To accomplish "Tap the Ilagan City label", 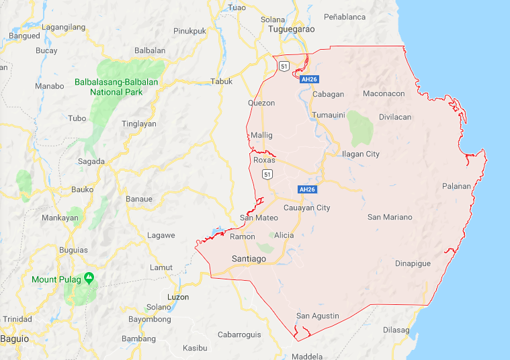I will [361, 154].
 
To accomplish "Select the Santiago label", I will [249, 259].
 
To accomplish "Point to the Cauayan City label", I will [307, 208].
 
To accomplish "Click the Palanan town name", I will [456, 186].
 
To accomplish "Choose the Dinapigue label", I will [413, 263].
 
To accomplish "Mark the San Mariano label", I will [390, 217].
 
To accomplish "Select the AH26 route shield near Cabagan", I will [309, 79].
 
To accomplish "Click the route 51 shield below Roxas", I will [267, 175].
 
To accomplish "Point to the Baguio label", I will [15, 339].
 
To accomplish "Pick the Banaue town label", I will [139, 199].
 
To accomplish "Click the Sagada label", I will [91, 161].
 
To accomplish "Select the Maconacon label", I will [384, 93].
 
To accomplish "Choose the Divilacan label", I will [394, 117].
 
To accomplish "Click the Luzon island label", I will [178, 297].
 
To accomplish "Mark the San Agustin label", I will [318, 316].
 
